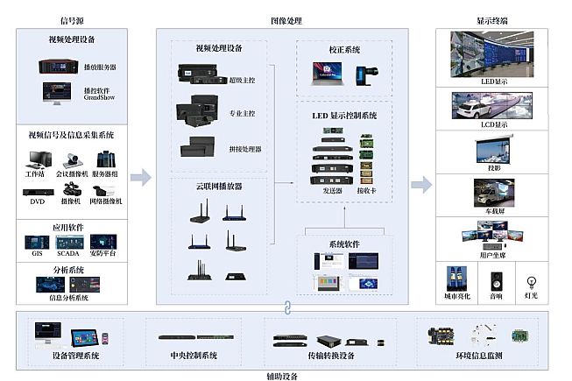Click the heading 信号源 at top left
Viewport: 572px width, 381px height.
[72, 19]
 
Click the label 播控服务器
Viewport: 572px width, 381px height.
[99, 67]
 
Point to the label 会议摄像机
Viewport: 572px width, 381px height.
[72, 173]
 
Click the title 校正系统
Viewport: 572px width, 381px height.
[344, 50]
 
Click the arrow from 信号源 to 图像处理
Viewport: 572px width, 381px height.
[140, 178]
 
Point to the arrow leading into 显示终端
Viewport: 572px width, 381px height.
[421, 183]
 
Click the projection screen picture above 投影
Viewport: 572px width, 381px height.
[492, 151]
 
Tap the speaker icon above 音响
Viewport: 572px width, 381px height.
[497, 278]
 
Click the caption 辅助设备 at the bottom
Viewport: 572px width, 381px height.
[282, 375]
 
